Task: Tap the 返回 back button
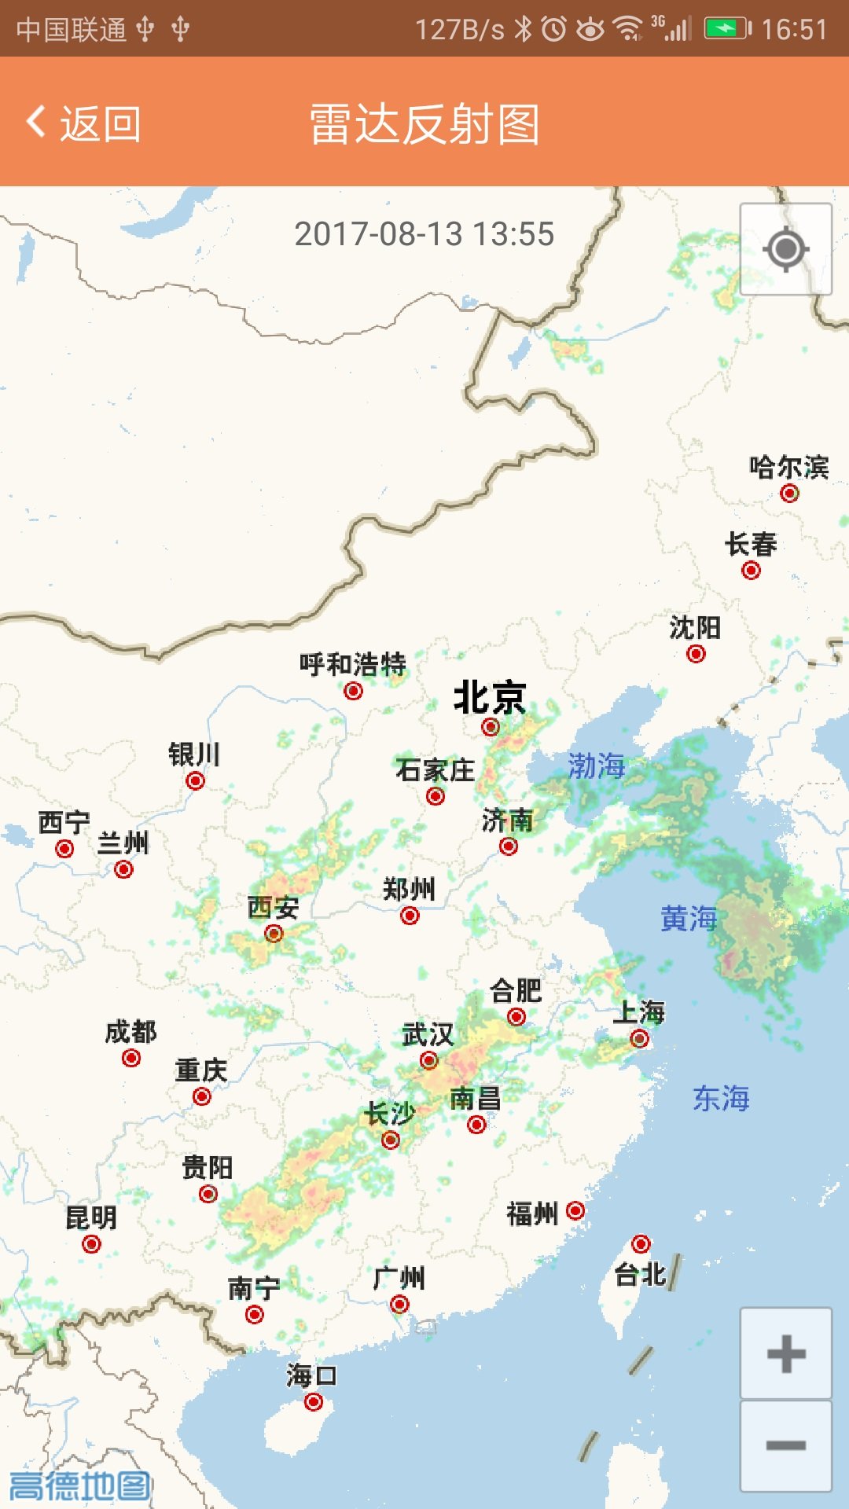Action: click(84, 123)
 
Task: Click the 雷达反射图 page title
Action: click(424, 124)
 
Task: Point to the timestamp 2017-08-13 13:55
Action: click(424, 234)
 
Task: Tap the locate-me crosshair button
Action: click(785, 249)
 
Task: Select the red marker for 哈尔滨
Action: click(789, 493)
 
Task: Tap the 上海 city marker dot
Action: click(640, 1038)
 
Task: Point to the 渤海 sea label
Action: click(597, 766)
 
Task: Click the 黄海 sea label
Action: click(689, 918)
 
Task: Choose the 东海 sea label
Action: click(721, 1098)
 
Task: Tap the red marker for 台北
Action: click(641, 1243)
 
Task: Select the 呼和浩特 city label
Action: click(352, 664)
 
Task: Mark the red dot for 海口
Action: click(314, 1401)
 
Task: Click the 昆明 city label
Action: click(91, 1217)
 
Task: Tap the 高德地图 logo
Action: click(79, 1485)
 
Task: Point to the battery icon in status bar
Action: click(727, 29)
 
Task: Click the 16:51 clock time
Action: click(794, 29)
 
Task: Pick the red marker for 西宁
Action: click(64, 849)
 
